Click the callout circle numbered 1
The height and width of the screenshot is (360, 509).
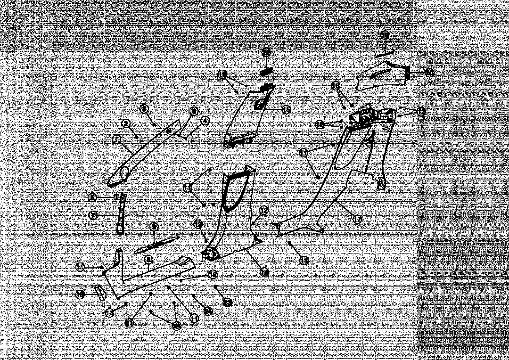116,140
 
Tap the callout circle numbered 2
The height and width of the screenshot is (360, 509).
126,123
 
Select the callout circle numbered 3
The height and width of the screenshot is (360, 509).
144,109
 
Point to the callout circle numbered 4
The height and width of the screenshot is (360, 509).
204,121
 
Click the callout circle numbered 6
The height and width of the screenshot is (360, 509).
93,197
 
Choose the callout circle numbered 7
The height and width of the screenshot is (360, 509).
93,215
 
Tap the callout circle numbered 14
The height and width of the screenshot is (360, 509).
264,272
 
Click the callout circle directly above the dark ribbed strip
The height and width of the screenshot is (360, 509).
266,53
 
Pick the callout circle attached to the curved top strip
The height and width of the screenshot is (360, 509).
385,35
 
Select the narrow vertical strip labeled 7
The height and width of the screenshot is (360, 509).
121,213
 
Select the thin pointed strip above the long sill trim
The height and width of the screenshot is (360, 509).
156,244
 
